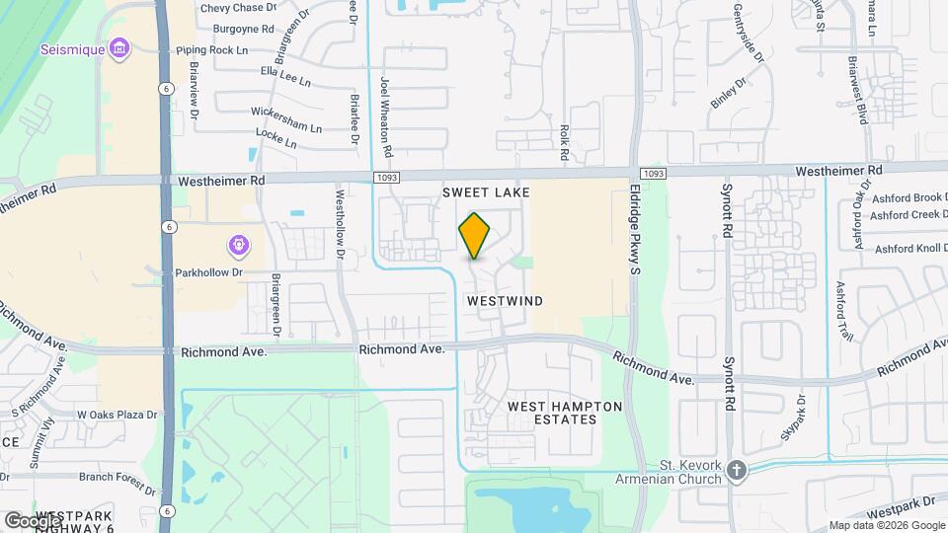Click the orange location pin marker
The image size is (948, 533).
tap(475, 236)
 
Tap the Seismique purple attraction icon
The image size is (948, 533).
tap(120, 48)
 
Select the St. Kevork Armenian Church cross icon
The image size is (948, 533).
tap(736, 471)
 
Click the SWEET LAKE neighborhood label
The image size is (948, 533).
tap(486, 191)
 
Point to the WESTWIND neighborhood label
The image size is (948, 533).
tap(506, 299)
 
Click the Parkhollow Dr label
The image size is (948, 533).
tap(208, 271)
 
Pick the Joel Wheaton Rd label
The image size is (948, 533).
tap(387, 118)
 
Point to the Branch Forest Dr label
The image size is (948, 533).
tap(118, 481)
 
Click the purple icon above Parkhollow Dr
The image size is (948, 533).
tap(238, 245)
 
